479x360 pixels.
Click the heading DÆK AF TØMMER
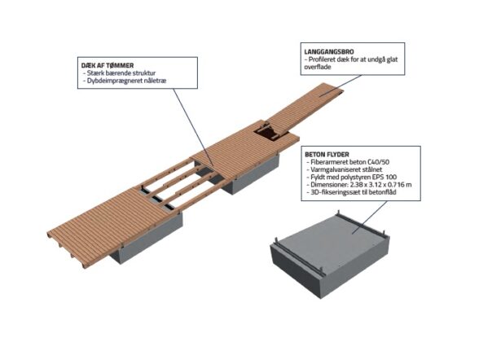[108, 65]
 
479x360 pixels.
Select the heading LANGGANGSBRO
[329, 51]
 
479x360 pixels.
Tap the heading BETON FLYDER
[327, 155]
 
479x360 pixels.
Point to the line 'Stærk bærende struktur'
[120, 73]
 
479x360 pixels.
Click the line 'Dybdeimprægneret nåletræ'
[125, 81]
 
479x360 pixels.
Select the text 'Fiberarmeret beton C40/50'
[348, 162]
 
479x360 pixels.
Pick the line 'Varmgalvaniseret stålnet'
[345, 169]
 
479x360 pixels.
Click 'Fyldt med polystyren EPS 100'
[351, 177]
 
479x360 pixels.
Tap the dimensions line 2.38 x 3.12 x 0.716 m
[358, 185]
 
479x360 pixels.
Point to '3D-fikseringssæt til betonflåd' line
[351, 192]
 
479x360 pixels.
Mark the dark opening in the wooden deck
[268, 131]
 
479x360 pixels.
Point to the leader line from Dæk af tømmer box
[193, 127]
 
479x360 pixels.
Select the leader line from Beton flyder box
[369, 217]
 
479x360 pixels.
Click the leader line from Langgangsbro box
[341, 86]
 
